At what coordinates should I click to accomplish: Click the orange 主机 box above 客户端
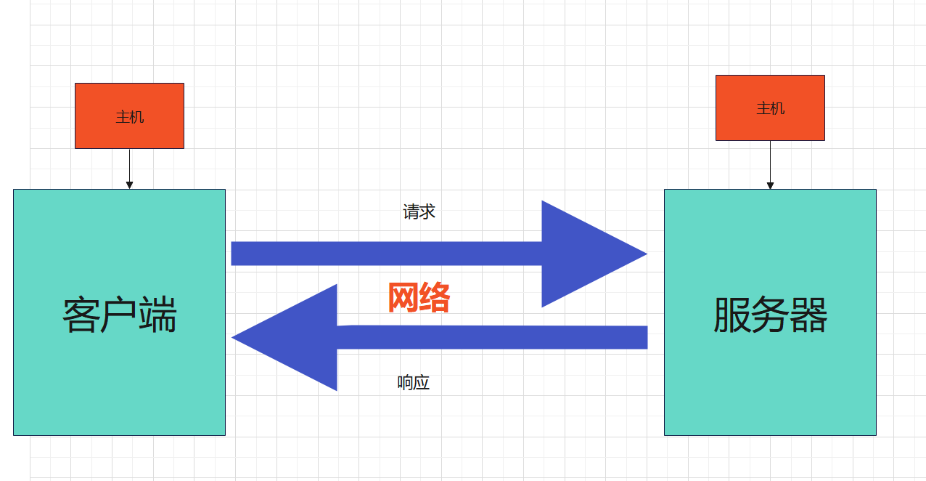point(129,116)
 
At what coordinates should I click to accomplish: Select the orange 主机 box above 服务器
point(770,108)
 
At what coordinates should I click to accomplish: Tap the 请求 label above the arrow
point(419,211)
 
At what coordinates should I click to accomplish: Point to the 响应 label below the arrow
point(414,383)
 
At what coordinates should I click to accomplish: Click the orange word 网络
point(419,297)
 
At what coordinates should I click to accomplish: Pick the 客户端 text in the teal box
point(120,315)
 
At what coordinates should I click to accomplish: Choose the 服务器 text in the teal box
point(770,315)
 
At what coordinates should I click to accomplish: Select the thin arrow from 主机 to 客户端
point(129,169)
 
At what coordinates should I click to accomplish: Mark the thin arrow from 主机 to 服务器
point(770,165)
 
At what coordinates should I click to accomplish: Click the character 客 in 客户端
point(81,315)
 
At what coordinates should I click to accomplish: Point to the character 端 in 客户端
point(158,315)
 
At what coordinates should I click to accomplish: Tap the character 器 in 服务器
point(809,315)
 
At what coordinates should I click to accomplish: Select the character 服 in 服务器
point(732,315)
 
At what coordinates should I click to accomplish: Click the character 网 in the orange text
point(403,297)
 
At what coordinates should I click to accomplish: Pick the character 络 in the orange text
point(435,297)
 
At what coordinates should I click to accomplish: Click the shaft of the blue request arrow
point(385,254)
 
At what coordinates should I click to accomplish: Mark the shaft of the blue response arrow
point(493,337)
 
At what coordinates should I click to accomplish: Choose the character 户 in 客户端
point(119,315)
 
